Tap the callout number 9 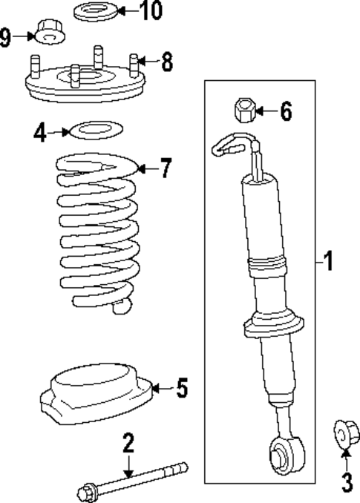[x=7, y=36]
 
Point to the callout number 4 [x=40, y=134]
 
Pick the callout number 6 [x=285, y=113]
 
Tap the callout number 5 [x=181, y=387]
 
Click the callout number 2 [x=128, y=444]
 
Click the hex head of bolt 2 [x=85, y=490]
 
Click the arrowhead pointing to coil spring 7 [x=142, y=170]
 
